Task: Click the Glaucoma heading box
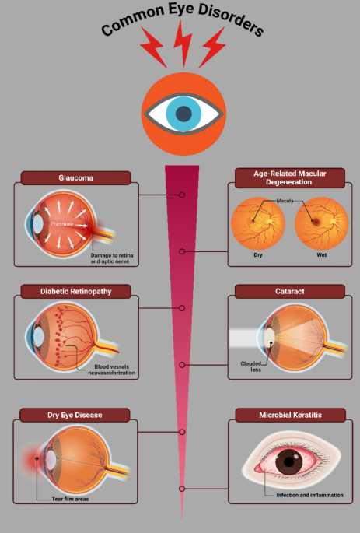pos(75,177)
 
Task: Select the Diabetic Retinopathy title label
pos(75,291)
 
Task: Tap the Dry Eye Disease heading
pos(75,415)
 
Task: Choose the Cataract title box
pos(290,291)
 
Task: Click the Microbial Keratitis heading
pos(290,415)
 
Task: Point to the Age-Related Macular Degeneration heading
pos(290,177)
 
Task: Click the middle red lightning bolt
pos(183,44)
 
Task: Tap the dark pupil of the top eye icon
pos(183,114)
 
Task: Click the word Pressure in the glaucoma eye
pos(61,223)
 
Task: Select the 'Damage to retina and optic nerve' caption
pos(112,258)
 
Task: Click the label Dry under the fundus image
pos(258,254)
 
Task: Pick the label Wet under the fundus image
pos(322,254)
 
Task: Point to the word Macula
pos(285,201)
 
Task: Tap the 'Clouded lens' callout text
pos(251,366)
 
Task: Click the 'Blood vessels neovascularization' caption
pos(112,370)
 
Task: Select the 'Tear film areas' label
pos(70,499)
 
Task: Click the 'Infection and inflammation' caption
pos(309,495)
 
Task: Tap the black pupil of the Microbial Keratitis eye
pos(288,461)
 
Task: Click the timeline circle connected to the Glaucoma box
pos(182,195)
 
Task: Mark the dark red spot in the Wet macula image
pos(316,222)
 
